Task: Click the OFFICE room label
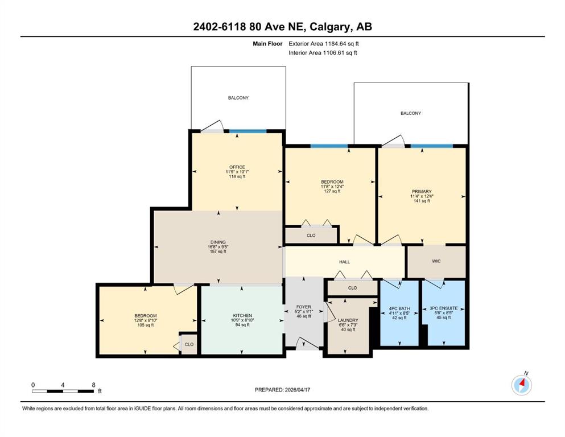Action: [237, 167]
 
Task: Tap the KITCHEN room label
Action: [242, 316]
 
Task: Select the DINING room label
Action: [218, 242]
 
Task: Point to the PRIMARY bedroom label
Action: [422, 192]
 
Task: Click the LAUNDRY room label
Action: [348, 320]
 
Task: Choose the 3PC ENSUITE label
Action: [444, 308]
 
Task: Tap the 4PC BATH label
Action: [399, 309]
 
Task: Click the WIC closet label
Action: [436, 261]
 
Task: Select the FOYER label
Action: [303, 307]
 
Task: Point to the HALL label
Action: [344, 262]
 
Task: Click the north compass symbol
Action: [522, 385]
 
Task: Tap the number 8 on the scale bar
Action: [94, 385]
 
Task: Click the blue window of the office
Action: [248, 131]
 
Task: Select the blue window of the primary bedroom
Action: [432, 146]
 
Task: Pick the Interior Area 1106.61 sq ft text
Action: [323, 52]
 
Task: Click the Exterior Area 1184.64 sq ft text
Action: [324, 44]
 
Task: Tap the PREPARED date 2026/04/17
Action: [297, 390]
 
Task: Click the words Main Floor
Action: [267, 44]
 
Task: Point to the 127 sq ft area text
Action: [332, 191]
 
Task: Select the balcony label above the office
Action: [238, 98]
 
